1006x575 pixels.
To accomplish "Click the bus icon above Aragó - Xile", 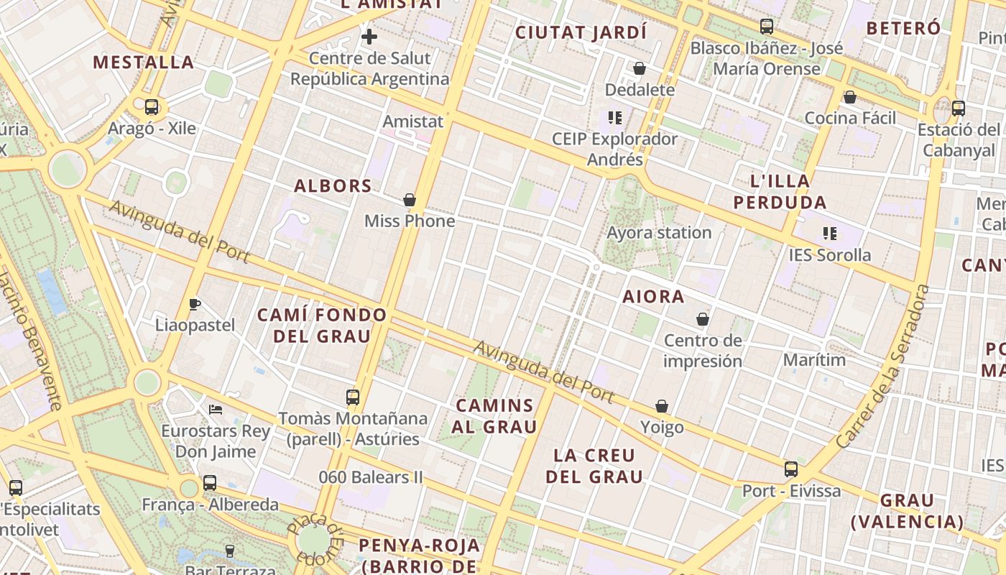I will click(151, 107).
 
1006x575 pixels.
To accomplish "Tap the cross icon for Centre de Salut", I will click(369, 37).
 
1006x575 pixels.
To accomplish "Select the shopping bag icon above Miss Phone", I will click(410, 199).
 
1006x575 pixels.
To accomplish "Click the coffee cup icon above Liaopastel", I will click(195, 304).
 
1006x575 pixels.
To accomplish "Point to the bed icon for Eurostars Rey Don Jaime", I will click(216, 410).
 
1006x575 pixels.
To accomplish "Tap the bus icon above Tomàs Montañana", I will click(352, 397).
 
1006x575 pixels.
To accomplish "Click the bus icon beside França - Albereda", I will click(209, 483).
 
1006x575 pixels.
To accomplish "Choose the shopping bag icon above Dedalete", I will click(640, 68).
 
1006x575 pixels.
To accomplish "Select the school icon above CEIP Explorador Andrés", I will click(614, 117).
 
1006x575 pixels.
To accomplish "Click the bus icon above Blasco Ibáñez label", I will click(767, 27).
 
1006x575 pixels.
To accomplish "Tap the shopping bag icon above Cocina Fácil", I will click(850, 96).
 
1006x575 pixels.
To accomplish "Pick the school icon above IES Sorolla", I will click(830, 233).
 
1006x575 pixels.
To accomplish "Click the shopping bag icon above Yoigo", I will click(662, 406).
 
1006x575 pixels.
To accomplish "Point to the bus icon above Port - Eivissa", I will click(791, 469).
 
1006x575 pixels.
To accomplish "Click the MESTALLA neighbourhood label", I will click(144, 63).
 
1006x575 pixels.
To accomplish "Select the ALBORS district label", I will click(333, 186).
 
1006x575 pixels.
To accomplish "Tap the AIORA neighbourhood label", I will click(653, 296).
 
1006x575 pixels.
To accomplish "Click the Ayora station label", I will click(659, 233).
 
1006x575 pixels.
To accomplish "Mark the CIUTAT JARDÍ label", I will click(581, 32).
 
